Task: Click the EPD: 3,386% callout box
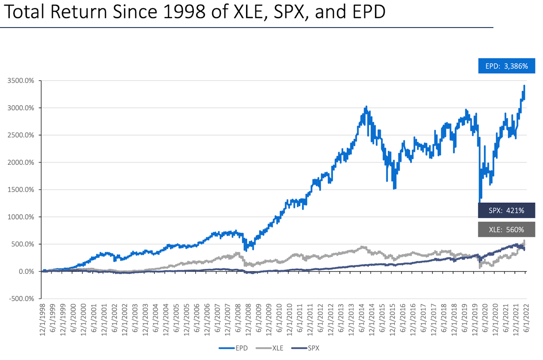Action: click(507, 66)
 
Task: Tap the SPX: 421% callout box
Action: click(507, 211)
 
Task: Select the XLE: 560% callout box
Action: click(507, 230)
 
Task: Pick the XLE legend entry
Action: click(269, 348)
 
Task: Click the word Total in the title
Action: click(26, 12)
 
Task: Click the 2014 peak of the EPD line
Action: click(366, 107)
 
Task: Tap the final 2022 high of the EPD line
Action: click(525, 86)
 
